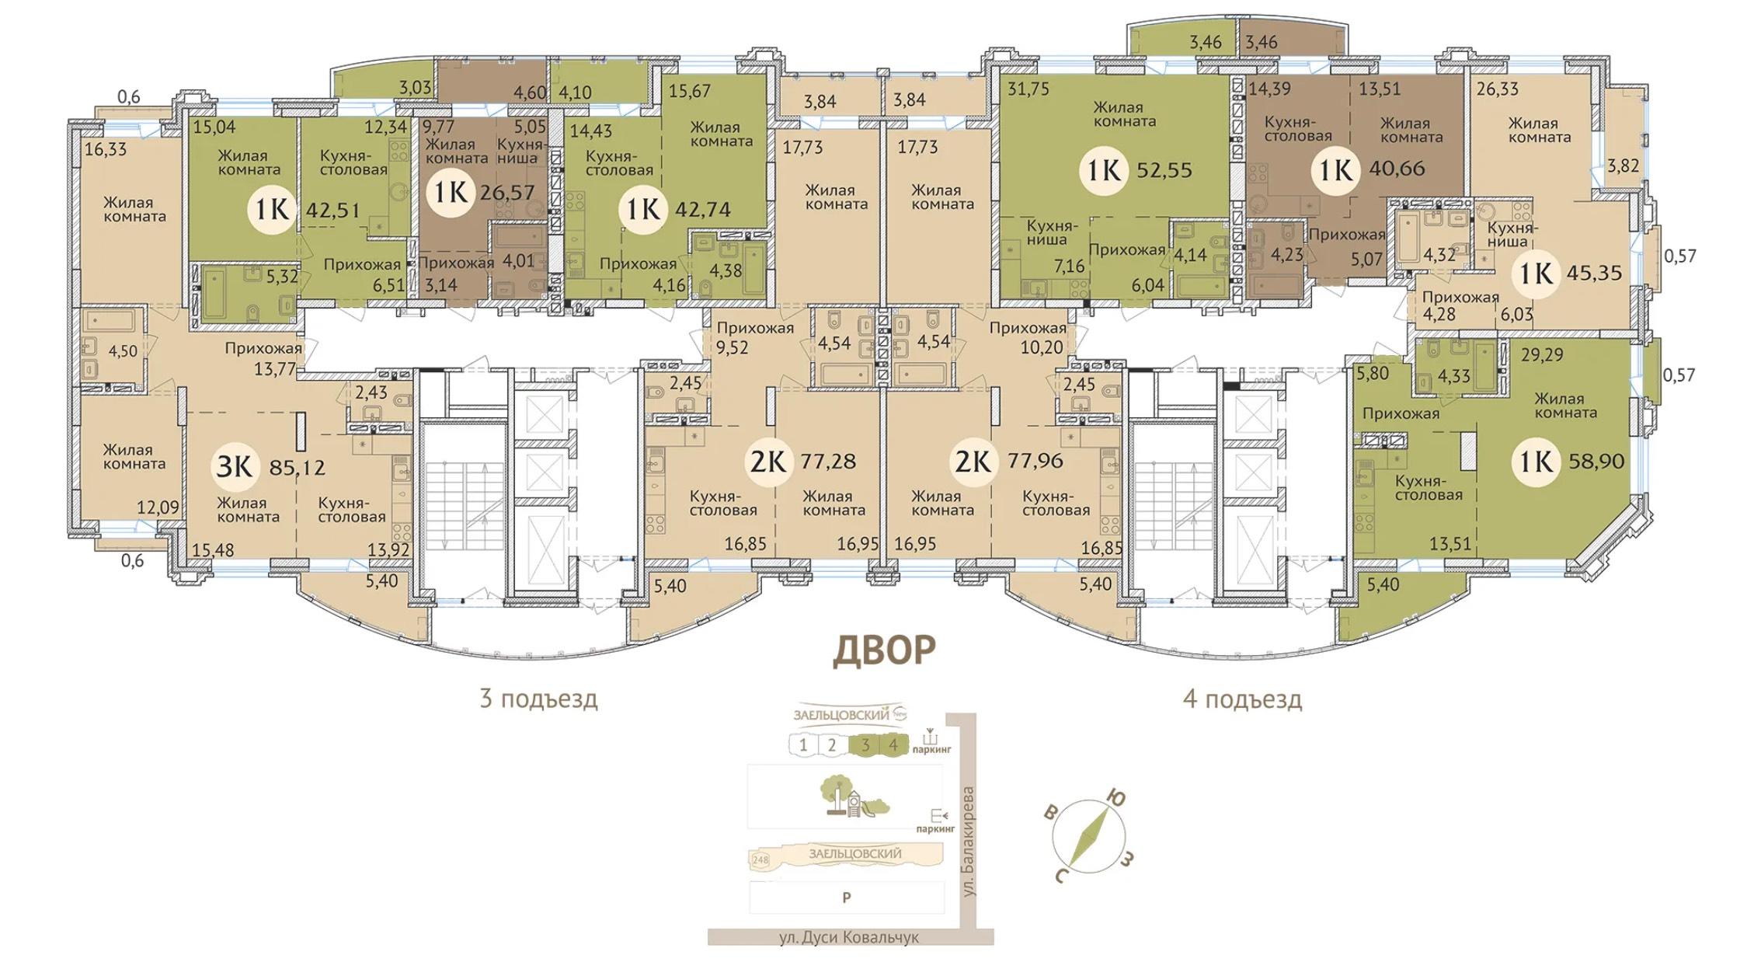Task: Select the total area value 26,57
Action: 508,192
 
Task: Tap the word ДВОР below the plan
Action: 884,651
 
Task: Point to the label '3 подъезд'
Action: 539,699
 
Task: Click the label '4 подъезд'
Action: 1242,699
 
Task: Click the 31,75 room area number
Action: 1028,89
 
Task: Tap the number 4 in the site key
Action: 893,745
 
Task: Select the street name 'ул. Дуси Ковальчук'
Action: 849,938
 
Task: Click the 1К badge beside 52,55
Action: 1104,169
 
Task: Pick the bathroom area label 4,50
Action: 123,351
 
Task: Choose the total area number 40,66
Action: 1397,169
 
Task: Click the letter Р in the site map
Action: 847,898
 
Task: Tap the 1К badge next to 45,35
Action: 1536,273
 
